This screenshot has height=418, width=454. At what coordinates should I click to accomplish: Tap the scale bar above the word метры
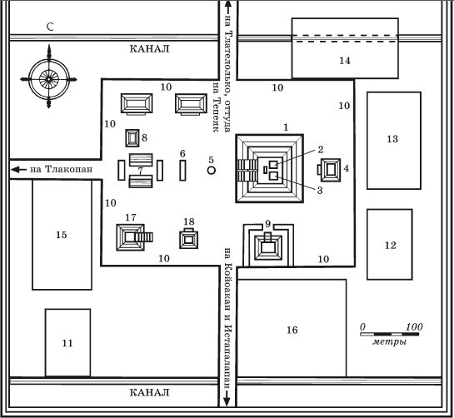(390, 334)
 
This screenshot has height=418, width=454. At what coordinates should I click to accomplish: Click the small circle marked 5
(212, 170)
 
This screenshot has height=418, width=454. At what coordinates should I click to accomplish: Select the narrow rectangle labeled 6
(182, 171)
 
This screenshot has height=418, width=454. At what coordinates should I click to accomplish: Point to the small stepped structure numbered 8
(132, 138)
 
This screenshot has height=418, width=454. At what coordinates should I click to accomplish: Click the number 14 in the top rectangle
(345, 61)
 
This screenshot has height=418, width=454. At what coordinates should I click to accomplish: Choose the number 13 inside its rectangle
(392, 139)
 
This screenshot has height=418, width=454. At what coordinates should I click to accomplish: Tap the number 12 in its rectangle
(390, 246)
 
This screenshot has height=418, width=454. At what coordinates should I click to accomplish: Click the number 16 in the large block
(292, 330)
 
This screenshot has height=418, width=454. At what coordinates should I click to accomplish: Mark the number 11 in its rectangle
(67, 343)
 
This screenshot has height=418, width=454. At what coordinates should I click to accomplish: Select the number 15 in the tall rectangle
(62, 235)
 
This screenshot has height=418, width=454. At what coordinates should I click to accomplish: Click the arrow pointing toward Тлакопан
(18, 169)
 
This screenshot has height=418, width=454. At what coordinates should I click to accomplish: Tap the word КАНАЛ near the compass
(149, 48)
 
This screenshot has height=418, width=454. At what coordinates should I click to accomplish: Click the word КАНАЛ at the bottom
(149, 392)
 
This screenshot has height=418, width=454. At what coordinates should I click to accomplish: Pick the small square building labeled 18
(189, 238)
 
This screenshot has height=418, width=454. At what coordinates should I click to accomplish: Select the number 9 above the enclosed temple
(267, 223)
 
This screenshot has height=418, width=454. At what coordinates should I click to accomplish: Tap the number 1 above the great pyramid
(286, 127)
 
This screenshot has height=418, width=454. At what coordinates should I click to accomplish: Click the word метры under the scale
(389, 342)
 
